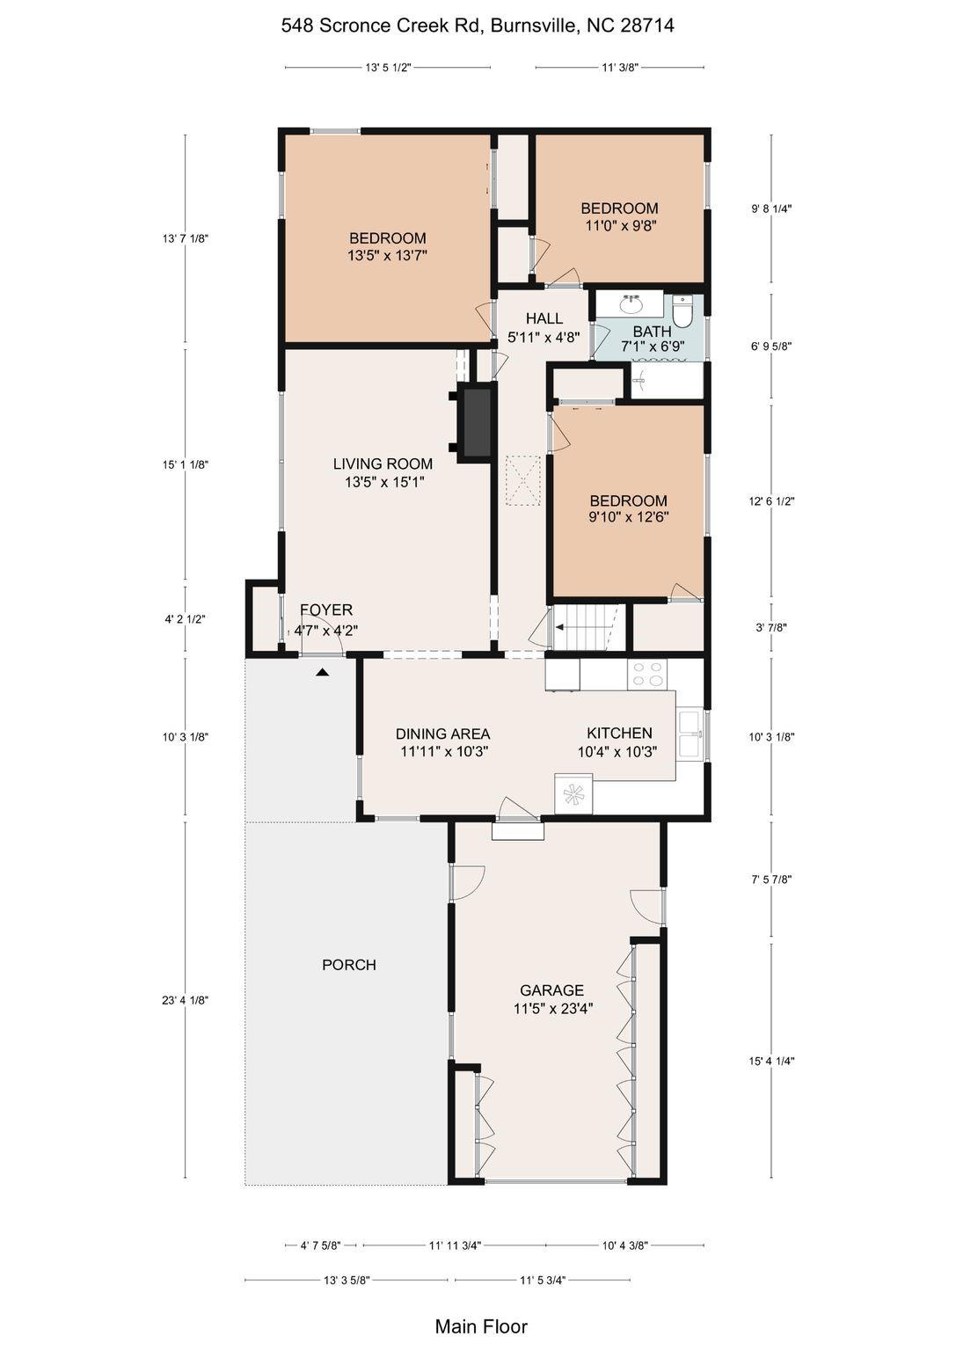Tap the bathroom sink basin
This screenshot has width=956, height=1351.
631,306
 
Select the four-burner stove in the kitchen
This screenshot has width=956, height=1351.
647,675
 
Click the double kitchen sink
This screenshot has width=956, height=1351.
690,734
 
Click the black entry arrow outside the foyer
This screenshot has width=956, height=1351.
324,672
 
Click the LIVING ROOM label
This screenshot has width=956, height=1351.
383,464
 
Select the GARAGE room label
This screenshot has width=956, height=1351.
552,990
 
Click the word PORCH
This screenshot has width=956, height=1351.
349,965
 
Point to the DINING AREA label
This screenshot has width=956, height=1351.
442,734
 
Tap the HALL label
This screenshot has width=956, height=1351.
544,318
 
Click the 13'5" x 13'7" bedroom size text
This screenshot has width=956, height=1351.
387,256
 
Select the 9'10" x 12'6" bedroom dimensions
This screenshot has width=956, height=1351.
629,517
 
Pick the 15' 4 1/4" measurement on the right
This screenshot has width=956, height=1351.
771,1061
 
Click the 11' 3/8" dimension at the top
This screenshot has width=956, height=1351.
619,68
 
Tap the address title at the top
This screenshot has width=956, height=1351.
478,26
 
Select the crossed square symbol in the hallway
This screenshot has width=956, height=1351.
523,481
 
